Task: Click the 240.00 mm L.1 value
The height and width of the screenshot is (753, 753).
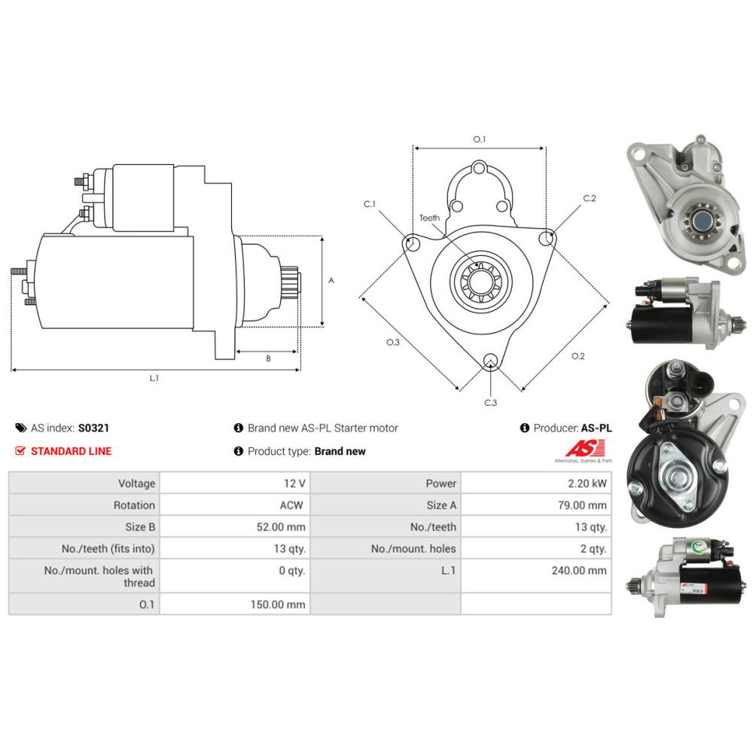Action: pos(578,570)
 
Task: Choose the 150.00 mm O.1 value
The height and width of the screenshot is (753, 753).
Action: pos(278,604)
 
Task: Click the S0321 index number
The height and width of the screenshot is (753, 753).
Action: pos(94,428)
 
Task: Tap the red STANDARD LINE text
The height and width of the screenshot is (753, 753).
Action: pos(71,451)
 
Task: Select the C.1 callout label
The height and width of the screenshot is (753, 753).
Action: pos(369,204)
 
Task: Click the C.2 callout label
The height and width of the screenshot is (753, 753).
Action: pos(590,199)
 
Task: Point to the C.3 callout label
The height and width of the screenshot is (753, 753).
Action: pos(490,403)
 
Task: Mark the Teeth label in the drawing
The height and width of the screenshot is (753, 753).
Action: pos(429,218)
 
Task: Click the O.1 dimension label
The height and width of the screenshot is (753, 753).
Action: pos(480,139)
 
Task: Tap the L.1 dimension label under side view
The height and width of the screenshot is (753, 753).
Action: pos(154,378)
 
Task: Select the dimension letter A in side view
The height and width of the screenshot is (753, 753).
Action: pos(331,280)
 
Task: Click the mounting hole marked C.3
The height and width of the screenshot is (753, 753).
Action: pos(491,360)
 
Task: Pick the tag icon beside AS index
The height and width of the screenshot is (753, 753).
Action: pos(20,428)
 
